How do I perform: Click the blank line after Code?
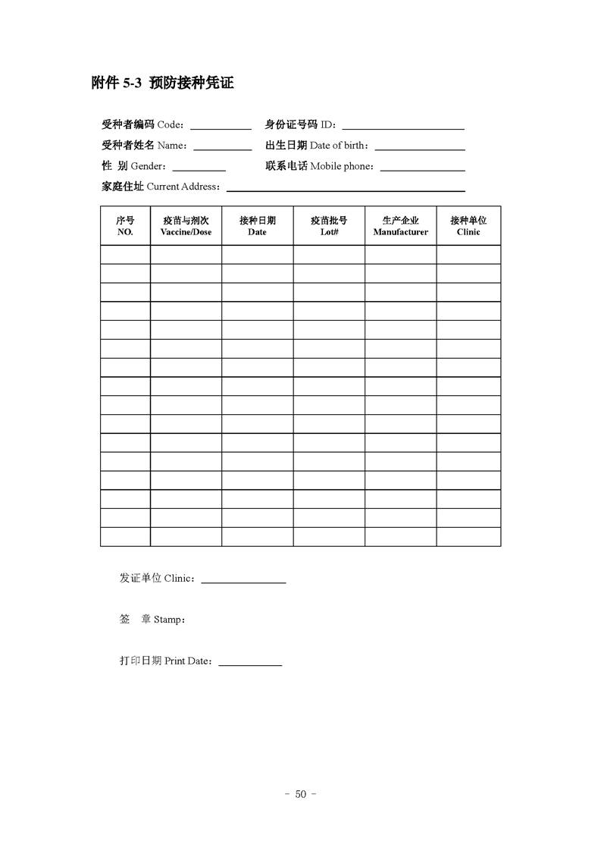pos(221,127)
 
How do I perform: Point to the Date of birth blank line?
pos(419,148)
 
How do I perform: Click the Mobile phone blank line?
pos(422,168)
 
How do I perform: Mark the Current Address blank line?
pos(346,189)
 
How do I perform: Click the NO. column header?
pos(125,226)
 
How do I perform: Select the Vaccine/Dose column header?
pos(186,226)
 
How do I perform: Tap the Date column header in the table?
pos(257,226)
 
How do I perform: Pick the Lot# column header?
pos(329,226)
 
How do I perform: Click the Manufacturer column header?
pos(400,226)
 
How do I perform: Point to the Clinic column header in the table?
pos(468,226)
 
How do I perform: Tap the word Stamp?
pos(167,620)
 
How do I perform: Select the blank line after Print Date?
pos(250,664)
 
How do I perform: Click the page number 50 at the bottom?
pos(300,794)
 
